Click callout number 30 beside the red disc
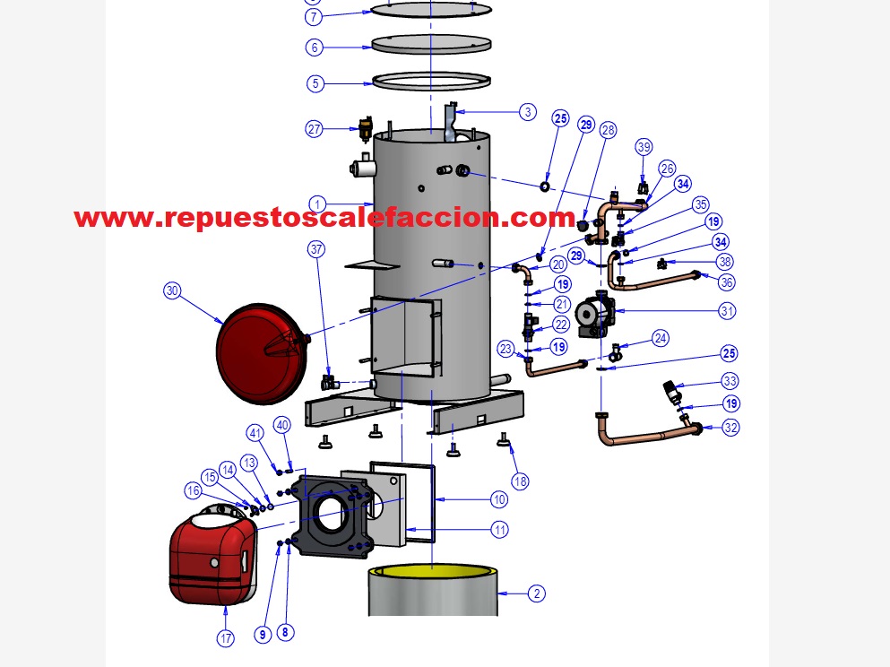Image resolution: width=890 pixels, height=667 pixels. point(172,290)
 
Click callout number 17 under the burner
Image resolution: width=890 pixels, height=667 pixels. point(225,639)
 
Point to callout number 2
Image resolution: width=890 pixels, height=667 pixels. point(536,593)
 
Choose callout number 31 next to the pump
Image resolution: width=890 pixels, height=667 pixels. point(727,311)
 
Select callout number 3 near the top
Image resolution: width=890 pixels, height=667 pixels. point(528,112)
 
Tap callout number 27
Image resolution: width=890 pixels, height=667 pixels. point(315,129)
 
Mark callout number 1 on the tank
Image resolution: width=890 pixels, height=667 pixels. point(315,203)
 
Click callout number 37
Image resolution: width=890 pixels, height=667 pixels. point(315,250)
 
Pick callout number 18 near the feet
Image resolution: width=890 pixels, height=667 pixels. point(519,481)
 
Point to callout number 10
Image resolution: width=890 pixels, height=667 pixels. point(499,499)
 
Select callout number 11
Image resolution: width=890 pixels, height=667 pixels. point(499,530)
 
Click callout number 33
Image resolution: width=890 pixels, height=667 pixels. point(730,380)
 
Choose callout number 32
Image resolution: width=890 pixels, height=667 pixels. point(731,428)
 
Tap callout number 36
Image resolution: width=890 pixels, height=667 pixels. point(727,282)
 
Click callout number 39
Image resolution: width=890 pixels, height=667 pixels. point(644,147)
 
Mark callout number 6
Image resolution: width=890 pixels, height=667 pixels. point(314,47)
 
